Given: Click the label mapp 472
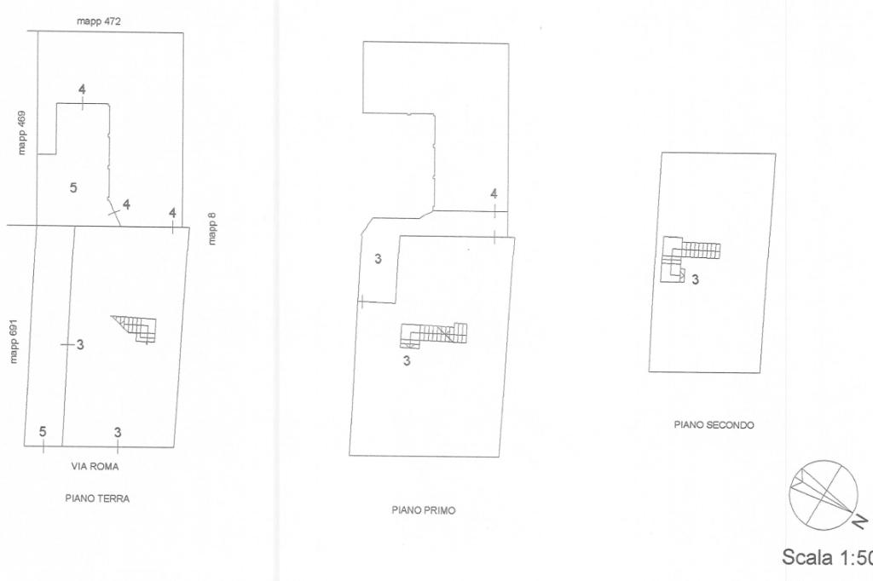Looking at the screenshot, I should (x=99, y=21).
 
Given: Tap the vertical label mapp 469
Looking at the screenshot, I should (x=21, y=132).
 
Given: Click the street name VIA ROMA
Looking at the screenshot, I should (x=95, y=467).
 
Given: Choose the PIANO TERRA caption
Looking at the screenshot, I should (x=97, y=498).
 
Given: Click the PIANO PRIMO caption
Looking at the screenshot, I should (x=423, y=510).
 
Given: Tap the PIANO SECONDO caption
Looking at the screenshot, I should (x=714, y=424).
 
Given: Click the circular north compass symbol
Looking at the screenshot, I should (x=823, y=495).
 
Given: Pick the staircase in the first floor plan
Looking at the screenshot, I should (x=435, y=335).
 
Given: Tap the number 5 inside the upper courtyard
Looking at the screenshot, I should (x=73, y=187).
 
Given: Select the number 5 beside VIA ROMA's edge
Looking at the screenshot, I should (x=43, y=432).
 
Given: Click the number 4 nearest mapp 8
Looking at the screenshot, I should (x=172, y=213).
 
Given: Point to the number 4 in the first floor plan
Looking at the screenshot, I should (x=494, y=194).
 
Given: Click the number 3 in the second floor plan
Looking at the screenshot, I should (x=696, y=279).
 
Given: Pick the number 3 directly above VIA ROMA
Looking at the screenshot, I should (x=118, y=432).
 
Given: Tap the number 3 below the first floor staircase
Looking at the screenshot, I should (x=407, y=360).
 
